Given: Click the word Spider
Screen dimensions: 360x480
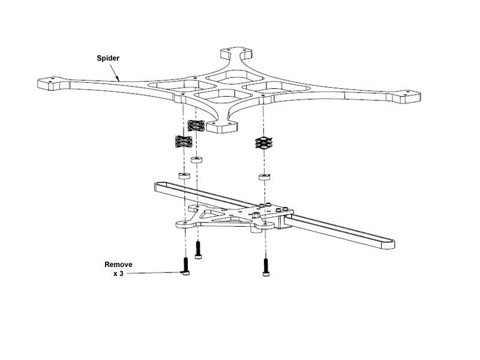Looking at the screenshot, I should [109, 58].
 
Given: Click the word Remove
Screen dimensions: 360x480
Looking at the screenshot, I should [118, 264].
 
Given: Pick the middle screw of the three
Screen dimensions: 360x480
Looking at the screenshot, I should [199, 248].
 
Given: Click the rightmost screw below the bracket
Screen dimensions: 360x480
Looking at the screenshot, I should [265, 266].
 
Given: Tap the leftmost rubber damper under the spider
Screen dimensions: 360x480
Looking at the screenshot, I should [182, 143].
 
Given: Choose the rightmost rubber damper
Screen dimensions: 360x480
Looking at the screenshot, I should [263, 143].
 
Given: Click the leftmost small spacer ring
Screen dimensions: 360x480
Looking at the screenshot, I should [182, 176].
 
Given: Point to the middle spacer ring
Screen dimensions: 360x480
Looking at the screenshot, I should [195, 161].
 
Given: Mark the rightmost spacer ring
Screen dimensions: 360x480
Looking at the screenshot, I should [263, 178].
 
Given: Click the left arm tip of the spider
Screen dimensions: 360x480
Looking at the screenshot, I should [52, 83].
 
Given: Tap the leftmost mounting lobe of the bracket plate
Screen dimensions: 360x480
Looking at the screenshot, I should [183, 224].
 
